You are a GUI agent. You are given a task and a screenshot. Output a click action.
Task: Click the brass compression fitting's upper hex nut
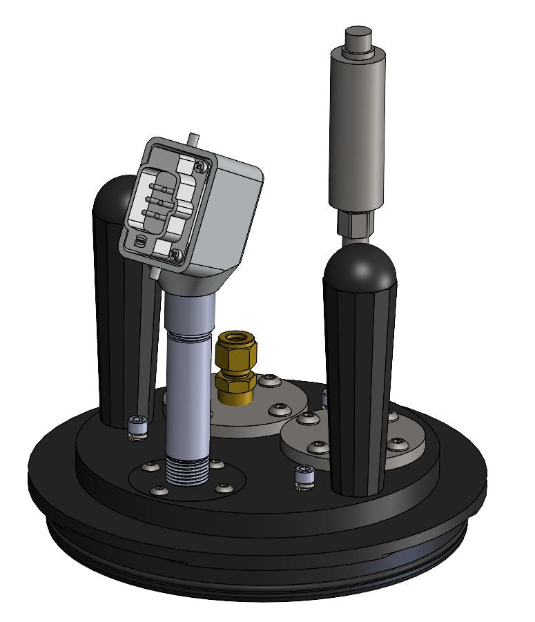[x=237, y=349]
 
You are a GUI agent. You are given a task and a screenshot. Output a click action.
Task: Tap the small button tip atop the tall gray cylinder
[x=358, y=35]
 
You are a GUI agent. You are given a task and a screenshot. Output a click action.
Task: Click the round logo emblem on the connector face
[x=139, y=241]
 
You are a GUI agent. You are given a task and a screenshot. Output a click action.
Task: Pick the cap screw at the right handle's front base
[x=304, y=478]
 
